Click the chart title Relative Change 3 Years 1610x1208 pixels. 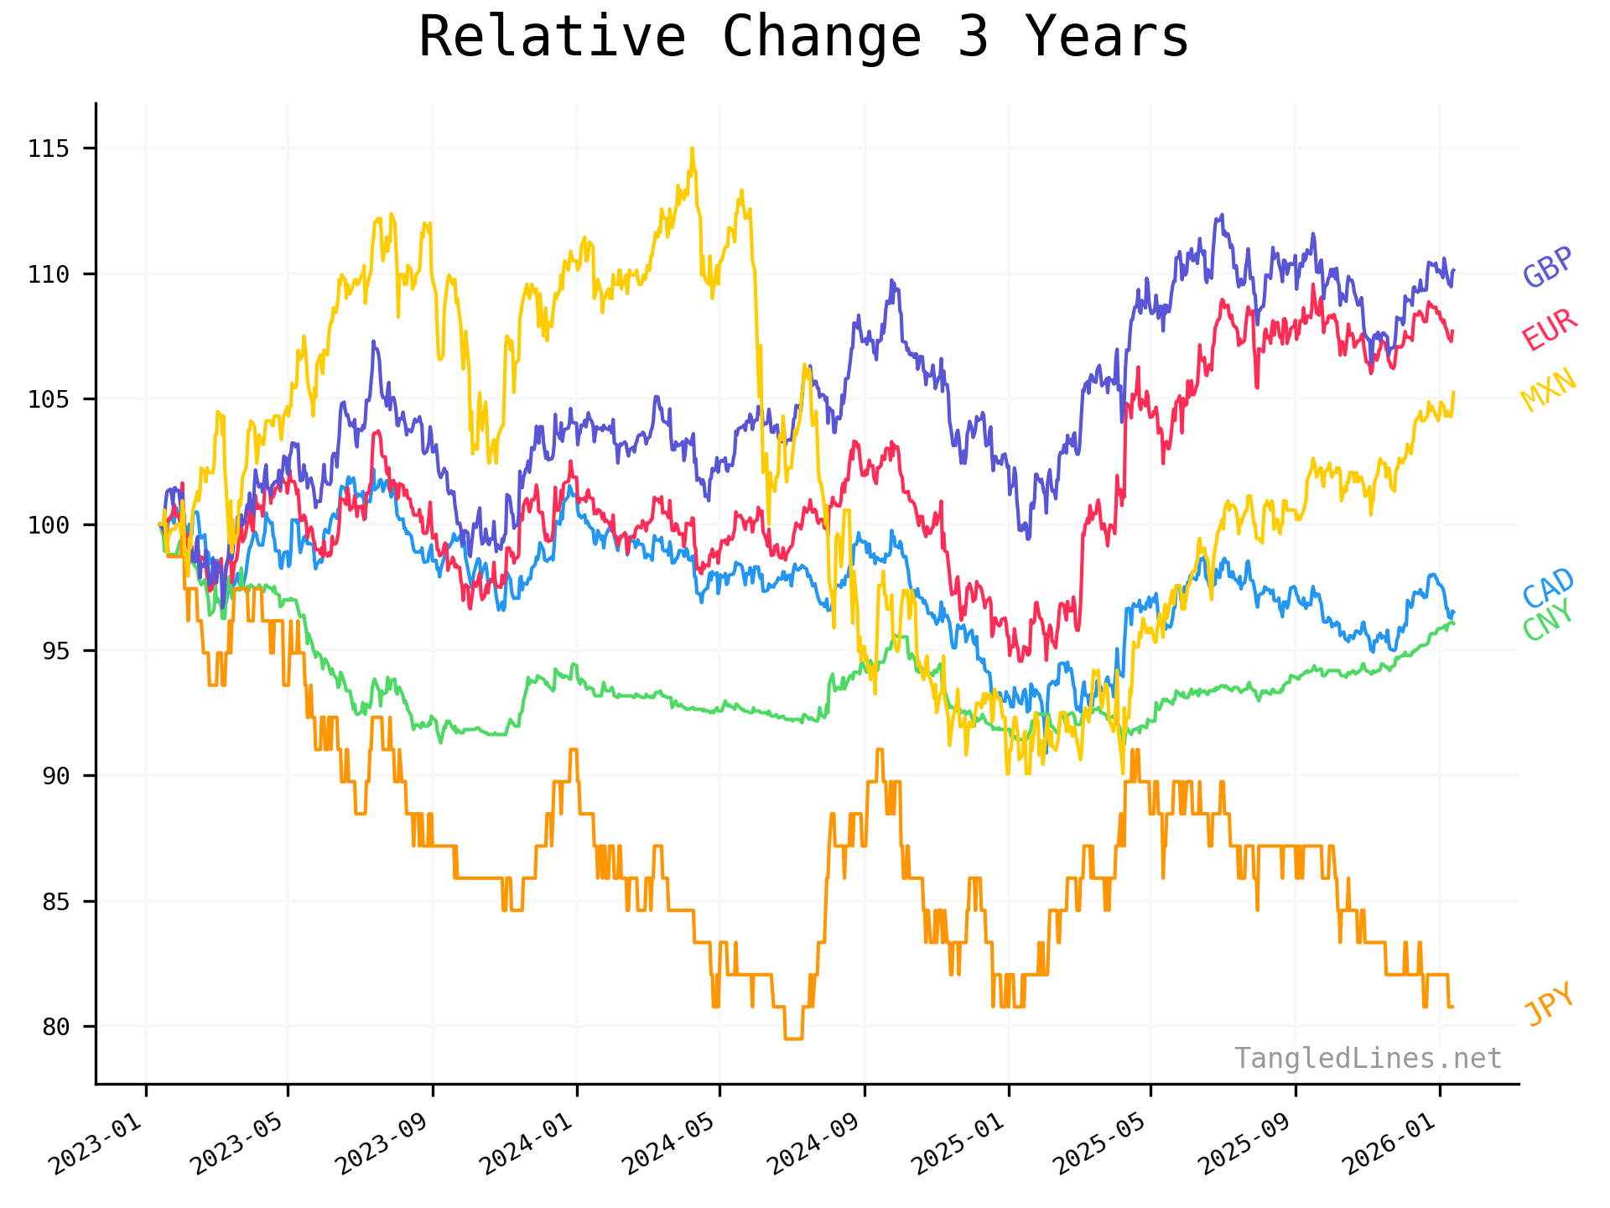coord(803,37)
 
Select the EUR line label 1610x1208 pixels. coord(1550,330)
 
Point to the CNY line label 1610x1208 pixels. coord(1548,622)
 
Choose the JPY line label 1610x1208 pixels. coord(1550,1004)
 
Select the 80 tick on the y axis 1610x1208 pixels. coord(55,1027)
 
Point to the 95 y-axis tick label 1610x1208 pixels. coord(55,651)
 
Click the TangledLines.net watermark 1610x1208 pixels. coord(1368,1059)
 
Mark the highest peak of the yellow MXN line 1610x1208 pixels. coord(692,149)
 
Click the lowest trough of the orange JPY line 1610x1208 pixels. coord(793,1039)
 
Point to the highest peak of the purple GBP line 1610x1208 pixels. coord(1222,215)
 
